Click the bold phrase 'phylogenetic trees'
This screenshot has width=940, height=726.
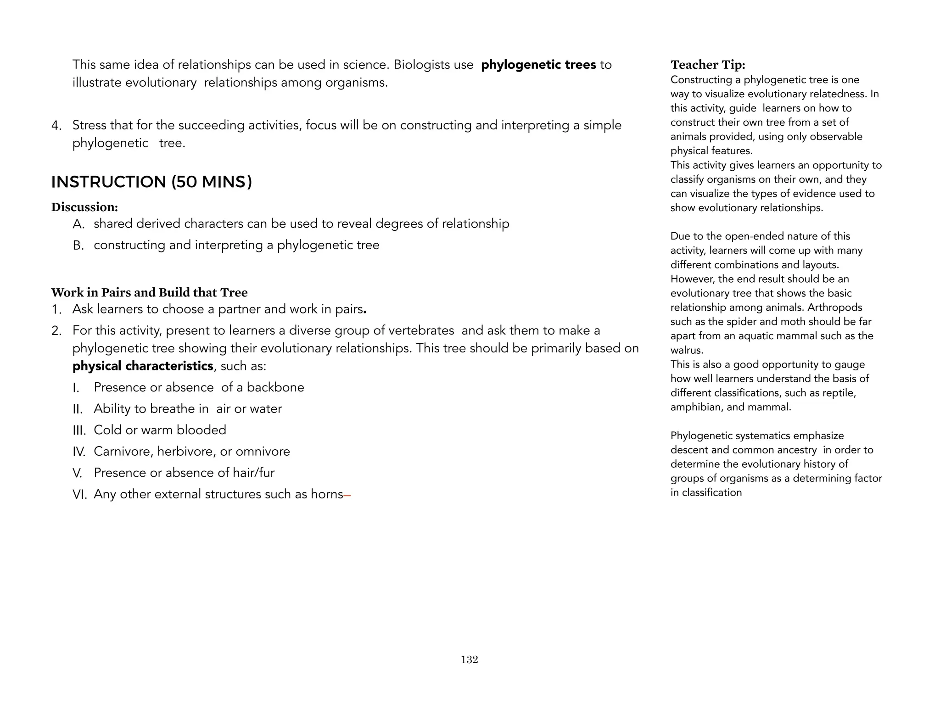click(x=538, y=65)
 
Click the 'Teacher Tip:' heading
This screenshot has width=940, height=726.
click(x=708, y=65)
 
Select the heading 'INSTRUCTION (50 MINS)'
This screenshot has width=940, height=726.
click(x=151, y=182)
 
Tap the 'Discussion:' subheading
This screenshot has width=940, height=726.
click(x=84, y=207)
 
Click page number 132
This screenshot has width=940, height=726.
click(x=469, y=659)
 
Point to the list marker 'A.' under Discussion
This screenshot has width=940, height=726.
click(x=78, y=224)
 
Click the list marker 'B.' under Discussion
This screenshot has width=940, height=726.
click(x=78, y=246)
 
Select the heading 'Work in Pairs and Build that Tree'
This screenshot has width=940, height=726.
click(x=149, y=292)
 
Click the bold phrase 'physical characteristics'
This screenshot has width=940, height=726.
click(x=143, y=366)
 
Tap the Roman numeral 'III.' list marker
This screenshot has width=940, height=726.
click(x=79, y=430)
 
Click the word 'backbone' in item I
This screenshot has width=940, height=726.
click(x=275, y=387)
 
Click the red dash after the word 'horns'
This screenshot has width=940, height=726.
click(x=347, y=495)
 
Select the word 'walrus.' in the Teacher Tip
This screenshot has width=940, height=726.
click(x=687, y=350)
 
